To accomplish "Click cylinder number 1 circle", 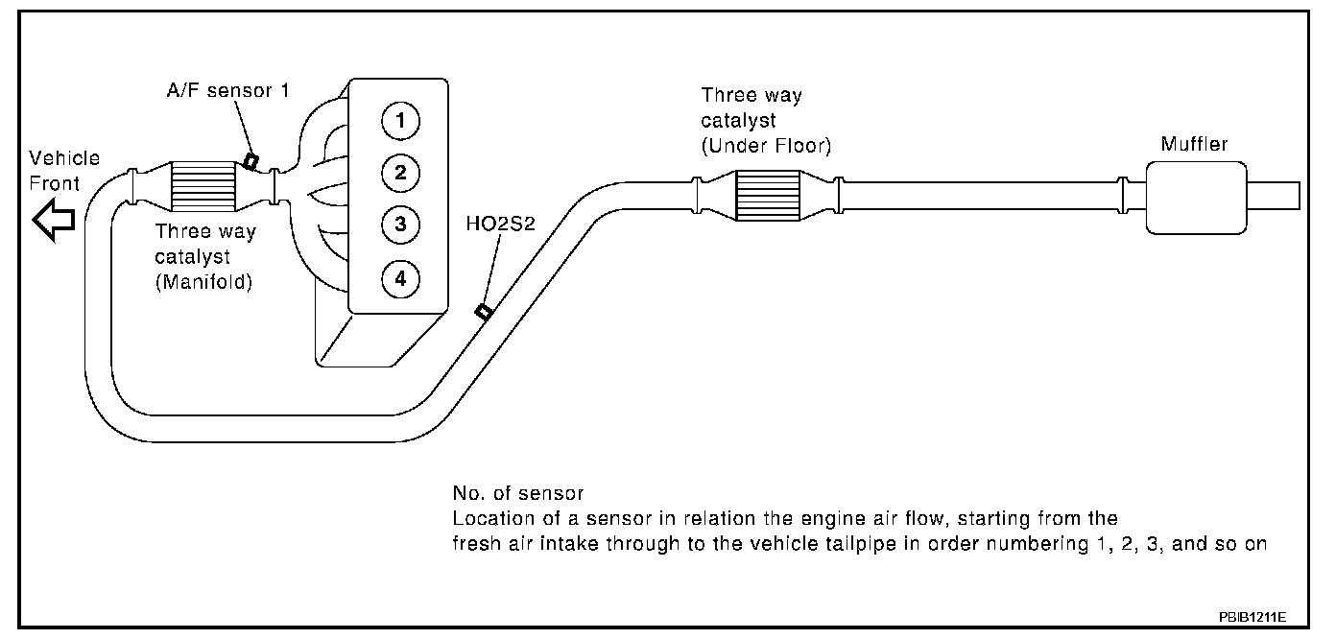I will click(x=398, y=120).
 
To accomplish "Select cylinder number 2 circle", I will click(x=398, y=173).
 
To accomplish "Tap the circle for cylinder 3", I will click(x=398, y=225).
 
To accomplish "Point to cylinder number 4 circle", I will click(x=398, y=278).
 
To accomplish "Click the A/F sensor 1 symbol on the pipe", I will click(x=250, y=161).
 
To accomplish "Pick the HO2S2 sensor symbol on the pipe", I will click(x=484, y=311).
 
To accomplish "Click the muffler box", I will click(x=1196, y=195).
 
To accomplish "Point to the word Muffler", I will click(x=1194, y=145).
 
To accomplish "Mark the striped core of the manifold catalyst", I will click(x=202, y=185).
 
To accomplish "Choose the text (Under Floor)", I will click(x=766, y=145).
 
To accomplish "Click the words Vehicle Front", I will click(x=64, y=171).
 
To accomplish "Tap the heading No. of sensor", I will click(x=518, y=494).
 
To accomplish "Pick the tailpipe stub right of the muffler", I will click(x=1274, y=195).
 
